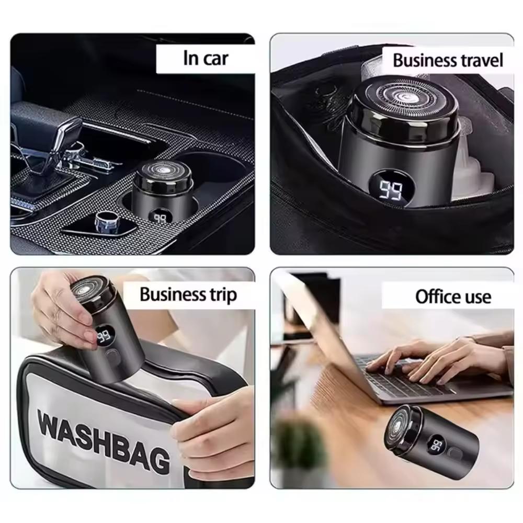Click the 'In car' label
click(206, 58)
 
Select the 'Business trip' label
click(187, 294)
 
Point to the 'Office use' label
click(453, 297)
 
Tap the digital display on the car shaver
click(161, 216)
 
